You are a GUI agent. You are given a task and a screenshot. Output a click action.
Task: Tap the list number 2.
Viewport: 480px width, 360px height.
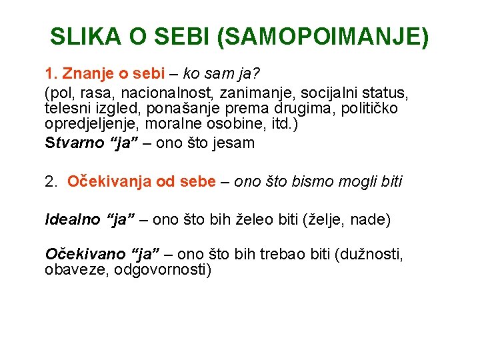point(51,181)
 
